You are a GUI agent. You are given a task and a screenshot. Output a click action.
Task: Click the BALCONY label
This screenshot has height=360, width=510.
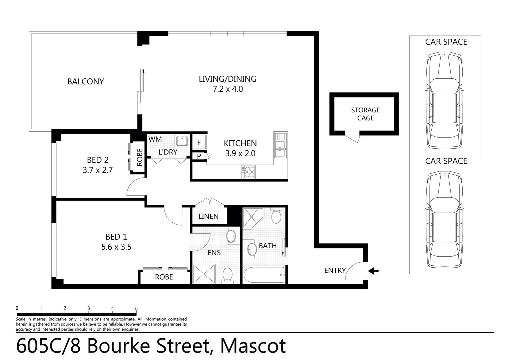pos(85,82)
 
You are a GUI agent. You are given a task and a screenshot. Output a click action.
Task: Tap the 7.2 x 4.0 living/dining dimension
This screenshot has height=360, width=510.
pos(227,89)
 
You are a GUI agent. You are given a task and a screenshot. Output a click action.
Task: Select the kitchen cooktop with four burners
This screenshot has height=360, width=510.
pos(248,172)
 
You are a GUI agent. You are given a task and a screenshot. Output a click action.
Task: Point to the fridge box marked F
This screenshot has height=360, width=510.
pos(199,143)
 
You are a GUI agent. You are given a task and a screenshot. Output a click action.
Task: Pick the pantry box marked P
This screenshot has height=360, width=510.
pos(199,156)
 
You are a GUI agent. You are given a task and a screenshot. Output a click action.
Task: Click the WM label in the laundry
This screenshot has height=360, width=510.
pos(155,139)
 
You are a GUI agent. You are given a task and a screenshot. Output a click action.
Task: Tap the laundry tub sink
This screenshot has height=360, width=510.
pos(182,141)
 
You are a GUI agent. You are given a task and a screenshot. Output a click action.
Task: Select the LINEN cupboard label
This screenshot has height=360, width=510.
pos(208,216)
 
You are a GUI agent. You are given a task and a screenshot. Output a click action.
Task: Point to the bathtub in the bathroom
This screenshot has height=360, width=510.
pos(264,275)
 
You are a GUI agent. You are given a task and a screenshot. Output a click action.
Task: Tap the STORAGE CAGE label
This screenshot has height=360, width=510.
pos(365,114)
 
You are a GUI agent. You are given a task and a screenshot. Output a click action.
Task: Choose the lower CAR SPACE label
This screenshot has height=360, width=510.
pos(446,161)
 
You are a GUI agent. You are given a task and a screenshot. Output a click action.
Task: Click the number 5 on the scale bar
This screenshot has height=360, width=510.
pos(136,309)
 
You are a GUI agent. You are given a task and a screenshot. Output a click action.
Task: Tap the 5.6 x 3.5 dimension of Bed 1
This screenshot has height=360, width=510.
pos(116,247)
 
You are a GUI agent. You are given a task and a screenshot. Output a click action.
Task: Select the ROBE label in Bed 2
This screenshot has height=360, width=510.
pos(140,157)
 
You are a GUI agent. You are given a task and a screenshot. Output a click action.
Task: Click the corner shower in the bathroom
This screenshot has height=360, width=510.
pos(253,218)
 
